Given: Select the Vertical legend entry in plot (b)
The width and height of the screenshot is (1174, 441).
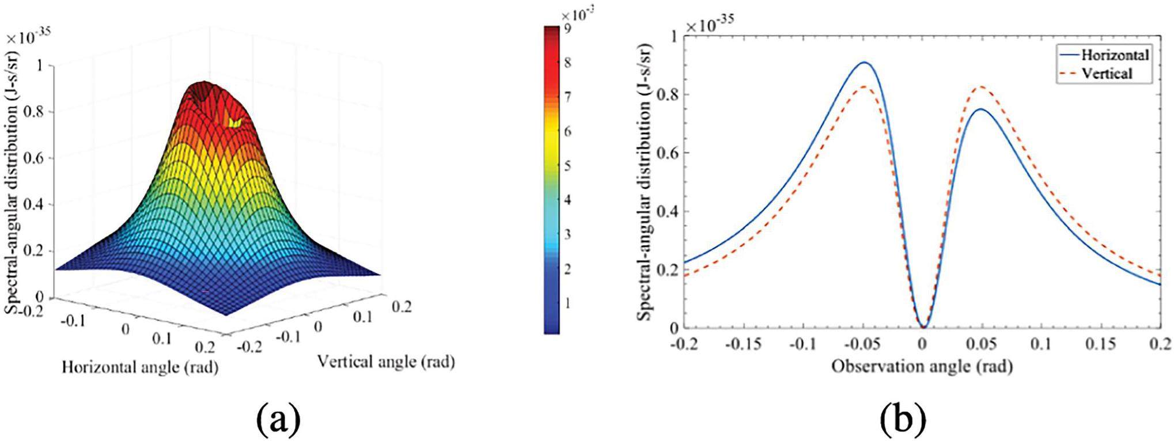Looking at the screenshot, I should (1107, 74).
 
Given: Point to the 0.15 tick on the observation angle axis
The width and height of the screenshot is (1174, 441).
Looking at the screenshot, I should (1100, 344).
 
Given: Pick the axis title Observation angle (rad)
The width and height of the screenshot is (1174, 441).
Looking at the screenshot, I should (922, 367).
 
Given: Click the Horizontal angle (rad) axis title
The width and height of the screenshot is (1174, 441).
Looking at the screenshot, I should (140, 367).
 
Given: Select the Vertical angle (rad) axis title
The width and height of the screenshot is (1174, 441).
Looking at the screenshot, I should (386, 362).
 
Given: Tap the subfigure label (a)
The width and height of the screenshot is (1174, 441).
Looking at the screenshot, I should (279, 419).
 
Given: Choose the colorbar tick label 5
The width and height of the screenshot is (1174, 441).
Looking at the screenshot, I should (567, 166).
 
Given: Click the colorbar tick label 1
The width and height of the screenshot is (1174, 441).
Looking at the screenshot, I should (567, 303).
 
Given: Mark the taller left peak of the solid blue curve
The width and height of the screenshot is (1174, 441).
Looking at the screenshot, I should (864, 62).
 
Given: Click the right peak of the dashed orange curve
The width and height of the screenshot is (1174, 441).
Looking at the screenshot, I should (980, 87).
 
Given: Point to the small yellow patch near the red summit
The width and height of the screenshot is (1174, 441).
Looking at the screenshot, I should (235, 122).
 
